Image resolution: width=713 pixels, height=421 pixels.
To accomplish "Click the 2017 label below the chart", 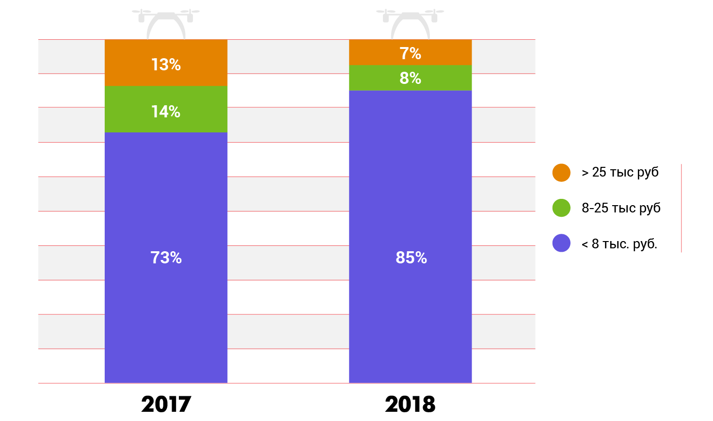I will (166, 404).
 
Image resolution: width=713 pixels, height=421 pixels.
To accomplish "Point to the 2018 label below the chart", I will (410, 404).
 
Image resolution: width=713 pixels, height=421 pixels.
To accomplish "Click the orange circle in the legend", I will (561, 173).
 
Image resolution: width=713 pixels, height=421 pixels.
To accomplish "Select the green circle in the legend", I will (561, 208).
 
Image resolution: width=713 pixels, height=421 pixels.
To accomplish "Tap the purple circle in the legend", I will (561, 243).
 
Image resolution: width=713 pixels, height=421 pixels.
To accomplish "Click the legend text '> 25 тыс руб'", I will (620, 172).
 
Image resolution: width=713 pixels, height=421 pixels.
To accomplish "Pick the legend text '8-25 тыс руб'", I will (621, 208).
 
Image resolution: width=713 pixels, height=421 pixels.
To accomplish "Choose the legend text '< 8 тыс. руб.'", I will (619, 243).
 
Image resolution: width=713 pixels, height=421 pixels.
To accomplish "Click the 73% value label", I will (166, 258).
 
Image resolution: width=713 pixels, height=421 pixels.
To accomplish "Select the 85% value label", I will (411, 258).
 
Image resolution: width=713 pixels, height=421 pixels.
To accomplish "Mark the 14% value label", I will (166, 112).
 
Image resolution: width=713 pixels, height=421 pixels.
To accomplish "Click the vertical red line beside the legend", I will (681, 208).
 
